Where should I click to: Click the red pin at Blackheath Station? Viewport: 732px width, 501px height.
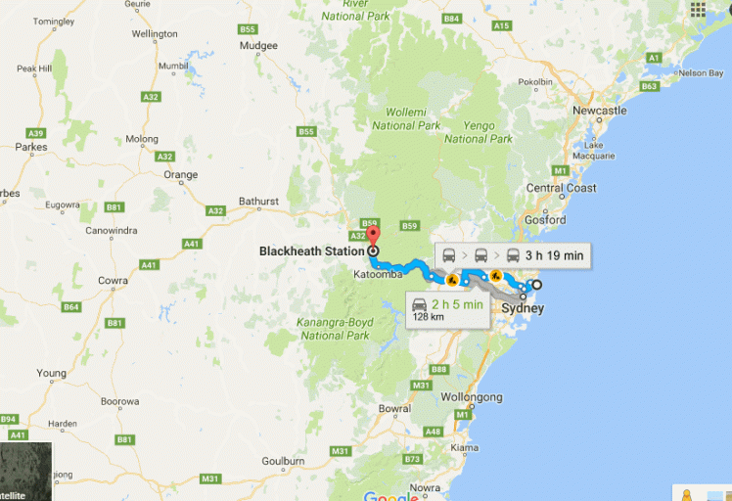[373, 235]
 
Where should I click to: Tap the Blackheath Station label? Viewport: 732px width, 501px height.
[311, 251]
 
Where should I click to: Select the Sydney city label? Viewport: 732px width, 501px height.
[522, 309]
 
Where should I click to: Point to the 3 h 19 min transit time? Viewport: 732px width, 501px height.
[554, 256]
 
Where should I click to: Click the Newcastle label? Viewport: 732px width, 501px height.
[599, 112]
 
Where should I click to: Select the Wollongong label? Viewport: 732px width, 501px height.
[472, 397]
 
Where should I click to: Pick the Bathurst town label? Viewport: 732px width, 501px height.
[257, 202]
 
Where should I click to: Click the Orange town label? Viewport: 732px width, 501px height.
[181, 175]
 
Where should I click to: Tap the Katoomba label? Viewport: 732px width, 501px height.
[379, 275]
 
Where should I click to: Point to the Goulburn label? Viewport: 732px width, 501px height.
[284, 461]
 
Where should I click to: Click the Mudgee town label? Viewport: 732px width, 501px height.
[259, 45]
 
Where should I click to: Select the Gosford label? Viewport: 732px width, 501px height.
[545, 220]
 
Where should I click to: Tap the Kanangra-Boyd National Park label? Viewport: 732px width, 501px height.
[336, 329]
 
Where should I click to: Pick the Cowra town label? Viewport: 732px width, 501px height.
[113, 281]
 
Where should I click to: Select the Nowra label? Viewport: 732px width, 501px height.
[425, 486]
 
